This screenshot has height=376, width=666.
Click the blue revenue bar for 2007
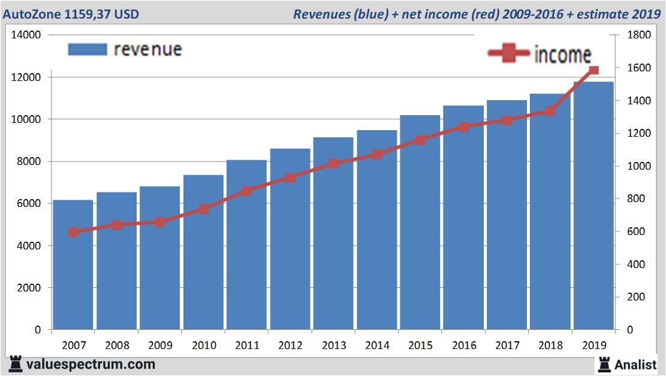tap(73, 270)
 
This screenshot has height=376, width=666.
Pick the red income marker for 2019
tap(593, 71)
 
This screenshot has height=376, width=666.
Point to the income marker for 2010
tap(203, 209)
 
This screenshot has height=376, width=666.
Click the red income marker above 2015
tap(420, 140)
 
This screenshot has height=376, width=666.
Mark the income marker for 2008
tap(117, 225)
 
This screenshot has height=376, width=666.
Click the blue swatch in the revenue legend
tap(88, 49)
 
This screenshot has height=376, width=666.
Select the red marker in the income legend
tap(509, 55)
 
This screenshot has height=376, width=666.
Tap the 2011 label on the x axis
tap(246, 345)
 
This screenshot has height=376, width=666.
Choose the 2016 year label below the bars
tap(463, 345)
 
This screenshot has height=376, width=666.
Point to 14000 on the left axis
tap(26, 35)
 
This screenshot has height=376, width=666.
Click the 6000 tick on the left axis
tap(29, 204)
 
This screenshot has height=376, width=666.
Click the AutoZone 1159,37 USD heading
tap(71, 14)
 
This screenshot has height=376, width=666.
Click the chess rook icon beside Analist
tap(604, 363)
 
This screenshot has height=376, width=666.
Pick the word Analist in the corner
tap(635, 364)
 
